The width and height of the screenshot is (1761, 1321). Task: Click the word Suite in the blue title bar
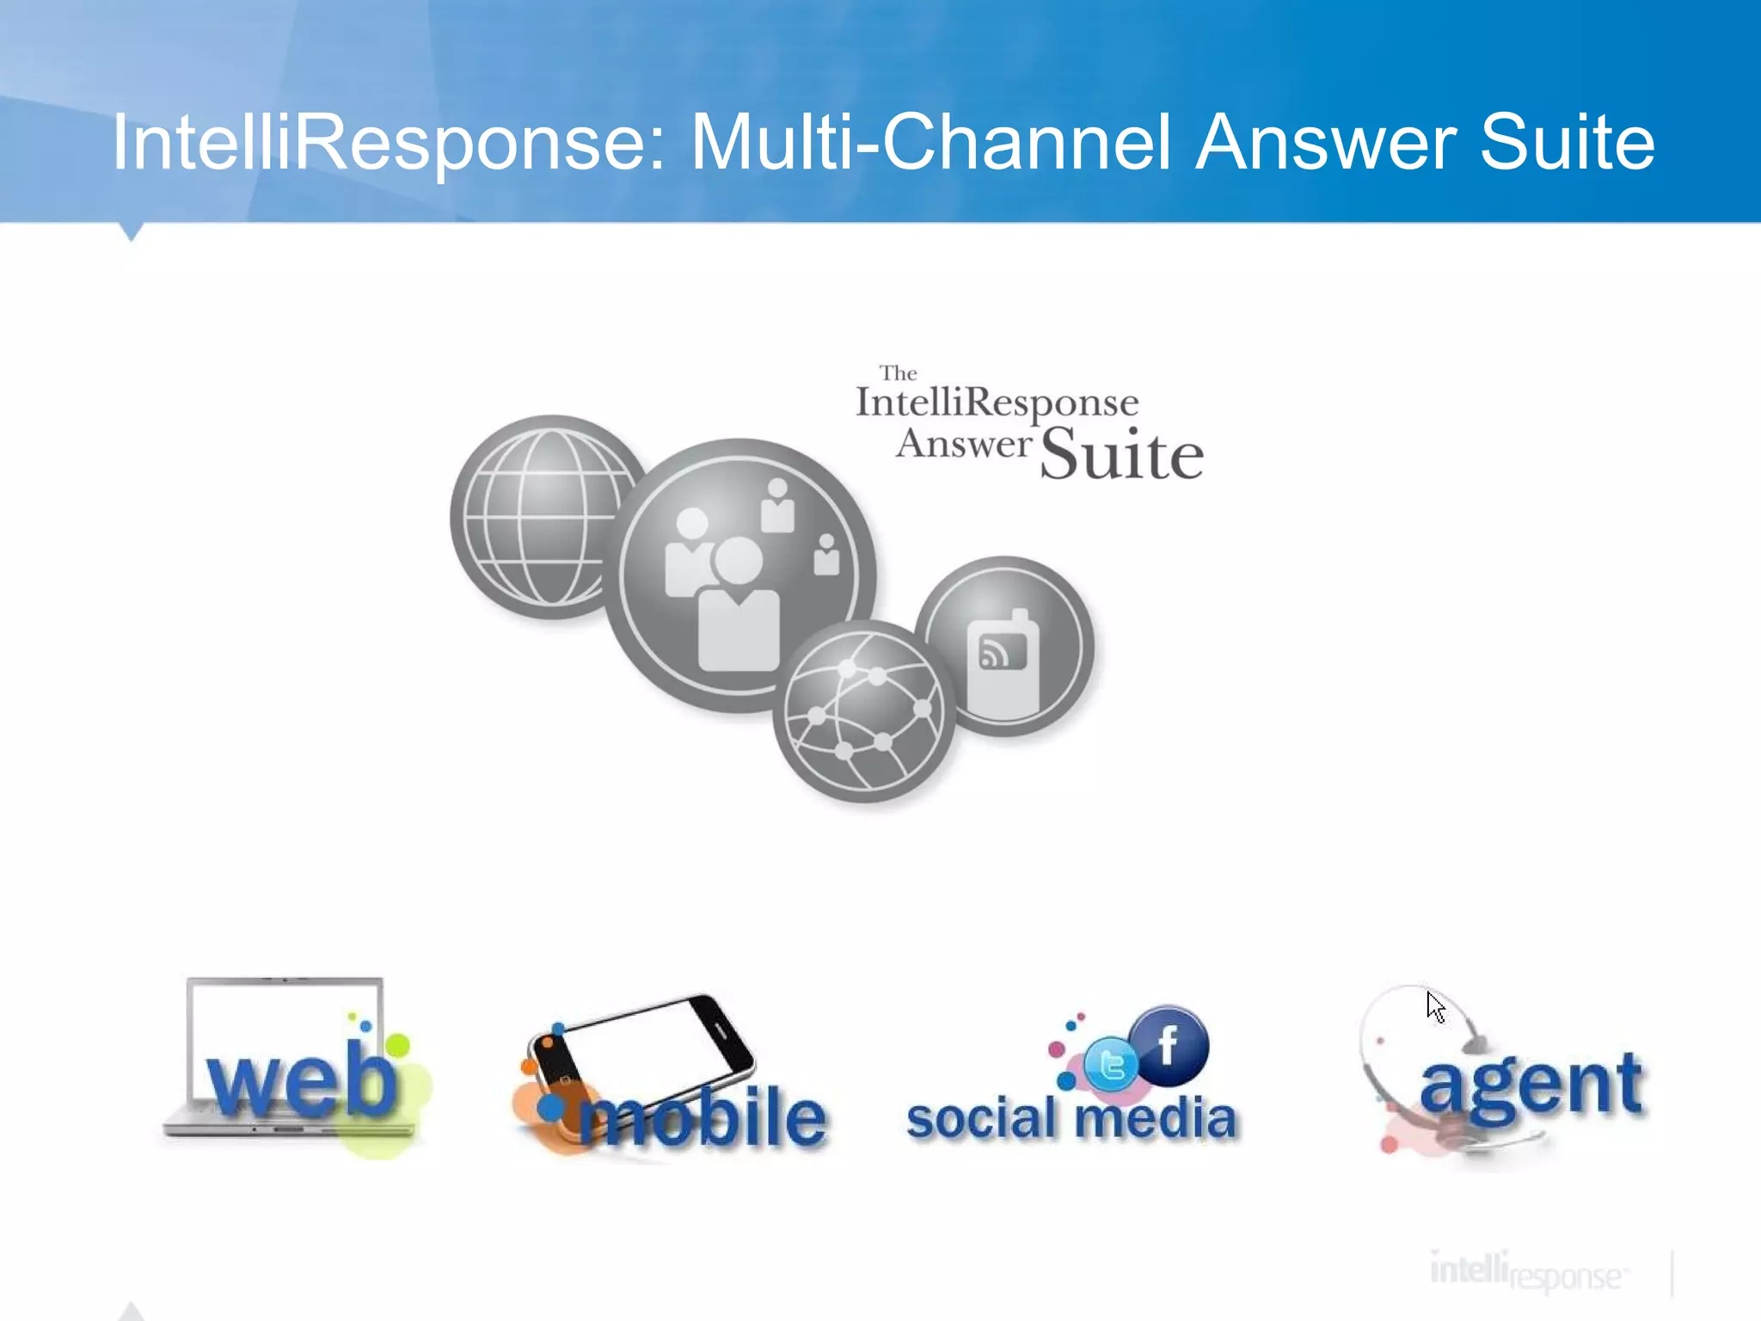1567,142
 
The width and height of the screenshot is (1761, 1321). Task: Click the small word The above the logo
898,373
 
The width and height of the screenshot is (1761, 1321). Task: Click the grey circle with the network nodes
863,712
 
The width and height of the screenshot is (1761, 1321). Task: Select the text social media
1071,1118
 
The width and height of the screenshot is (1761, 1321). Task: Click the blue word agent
1531,1085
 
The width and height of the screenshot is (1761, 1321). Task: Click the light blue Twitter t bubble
1111,1065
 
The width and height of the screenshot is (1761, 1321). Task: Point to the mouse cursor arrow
1434,1005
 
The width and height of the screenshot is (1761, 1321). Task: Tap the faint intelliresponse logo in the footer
1526,1272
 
